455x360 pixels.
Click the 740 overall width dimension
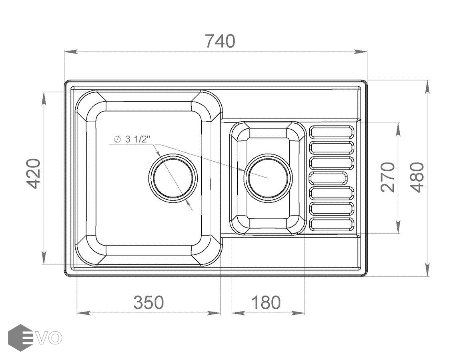tap(220, 41)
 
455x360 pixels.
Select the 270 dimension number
tap(388, 177)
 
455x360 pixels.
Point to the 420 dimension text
tap(34, 174)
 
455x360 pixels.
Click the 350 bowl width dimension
tap(148, 303)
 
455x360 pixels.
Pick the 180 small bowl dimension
tap(266, 303)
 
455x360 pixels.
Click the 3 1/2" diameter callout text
tap(132, 139)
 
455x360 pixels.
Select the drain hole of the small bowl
tap(268, 178)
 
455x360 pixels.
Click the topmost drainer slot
tap(331, 132)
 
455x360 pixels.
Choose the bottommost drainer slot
tap(331, 224)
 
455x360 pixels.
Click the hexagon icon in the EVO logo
tap(20, 338)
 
